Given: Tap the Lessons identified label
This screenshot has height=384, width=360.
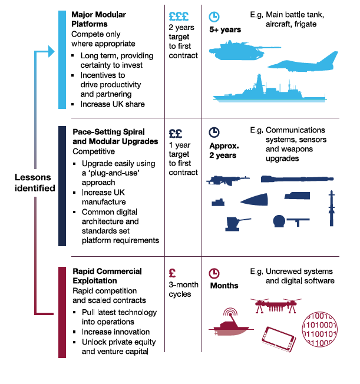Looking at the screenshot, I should point(35,183).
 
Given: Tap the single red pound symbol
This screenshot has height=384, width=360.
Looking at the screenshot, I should point(173,273).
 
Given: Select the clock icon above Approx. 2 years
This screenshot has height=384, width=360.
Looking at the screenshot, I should point(214,133).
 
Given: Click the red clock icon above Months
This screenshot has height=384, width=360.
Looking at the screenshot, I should point(214,273).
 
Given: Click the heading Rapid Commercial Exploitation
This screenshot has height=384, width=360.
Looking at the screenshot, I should point(107,276).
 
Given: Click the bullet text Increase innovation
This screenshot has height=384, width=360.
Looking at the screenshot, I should point(115,332).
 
